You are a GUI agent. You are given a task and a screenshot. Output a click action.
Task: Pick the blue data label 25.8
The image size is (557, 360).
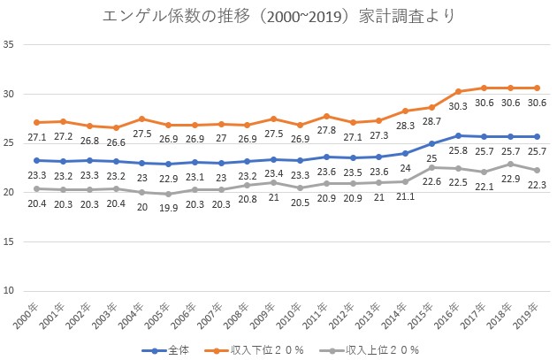[458, 149]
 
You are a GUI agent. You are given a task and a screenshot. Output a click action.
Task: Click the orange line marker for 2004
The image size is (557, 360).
[141, 119]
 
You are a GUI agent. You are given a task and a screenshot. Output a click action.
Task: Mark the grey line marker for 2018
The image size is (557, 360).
[509, 164]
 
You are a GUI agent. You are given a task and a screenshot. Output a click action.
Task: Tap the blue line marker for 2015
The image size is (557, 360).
[431, 143]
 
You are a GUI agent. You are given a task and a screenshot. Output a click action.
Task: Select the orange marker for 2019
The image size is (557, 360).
[536, 88]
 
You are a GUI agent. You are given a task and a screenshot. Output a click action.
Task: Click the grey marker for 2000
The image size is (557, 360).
[36, 188]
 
